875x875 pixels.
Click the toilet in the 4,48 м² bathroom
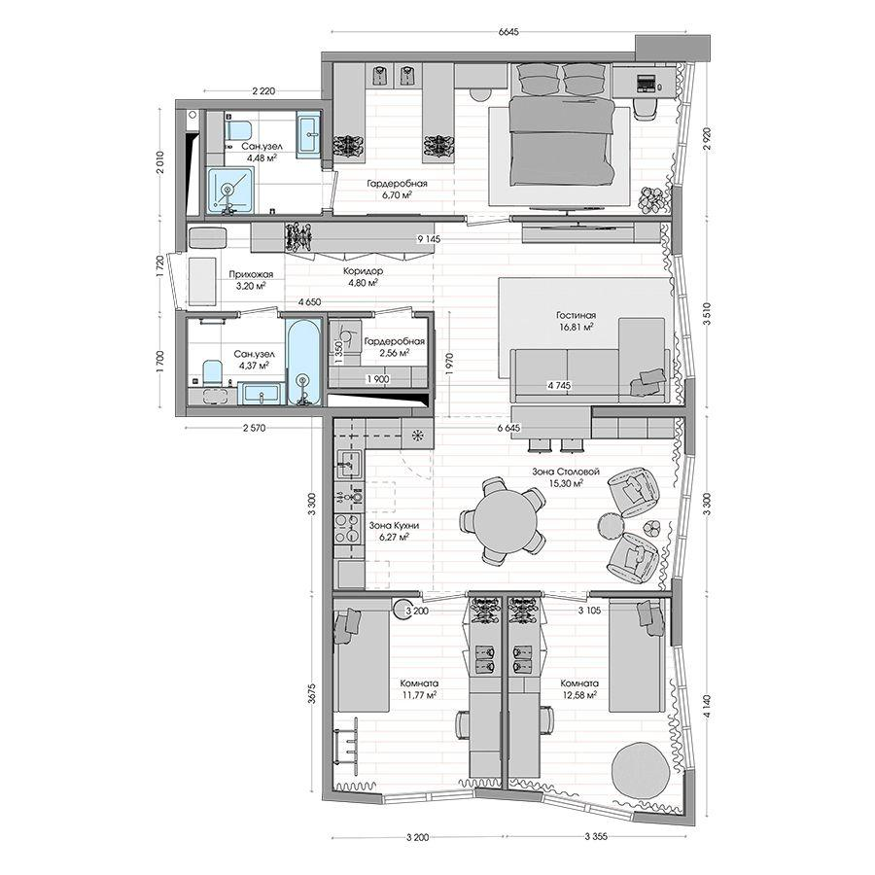tap(238, 130)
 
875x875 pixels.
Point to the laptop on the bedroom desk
tap(647, 82)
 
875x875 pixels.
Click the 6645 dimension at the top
tap(507, 32)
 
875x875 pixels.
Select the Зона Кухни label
tap(394, 525)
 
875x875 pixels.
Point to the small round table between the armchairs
tap(610, 525)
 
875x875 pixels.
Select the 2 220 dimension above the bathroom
tap(263, 91)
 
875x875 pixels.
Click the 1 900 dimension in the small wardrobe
tap(378, 379)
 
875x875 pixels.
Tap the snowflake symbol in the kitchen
tap(417, 436)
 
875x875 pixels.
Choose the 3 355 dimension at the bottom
tap(596, 836)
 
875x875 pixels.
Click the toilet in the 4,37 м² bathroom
tap(212, 371)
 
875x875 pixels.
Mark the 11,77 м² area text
tap(419, 695)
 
